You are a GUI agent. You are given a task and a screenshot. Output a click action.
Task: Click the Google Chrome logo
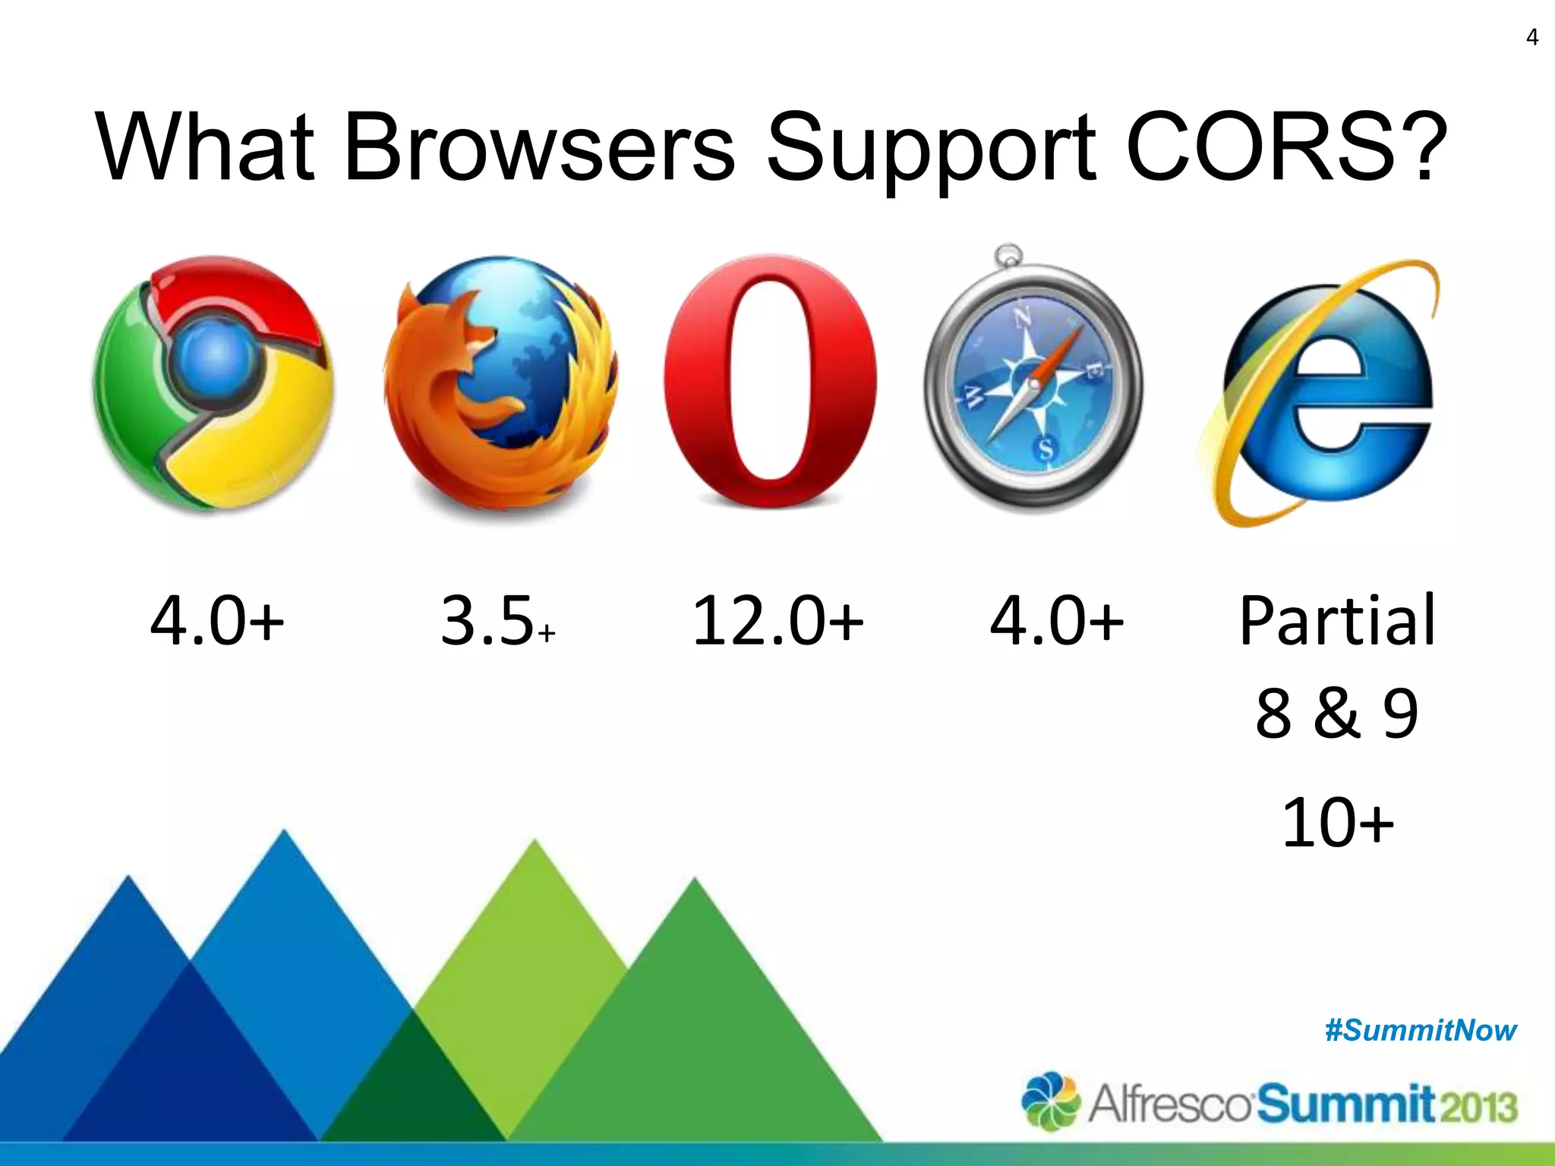213,383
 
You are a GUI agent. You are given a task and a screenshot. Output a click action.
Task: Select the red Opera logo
770,380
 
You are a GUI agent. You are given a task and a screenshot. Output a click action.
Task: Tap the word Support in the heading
931,149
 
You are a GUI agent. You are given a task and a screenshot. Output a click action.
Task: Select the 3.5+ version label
498,621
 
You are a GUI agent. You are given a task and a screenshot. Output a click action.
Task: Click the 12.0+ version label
777,621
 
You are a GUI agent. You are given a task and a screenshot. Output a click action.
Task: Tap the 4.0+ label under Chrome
217,621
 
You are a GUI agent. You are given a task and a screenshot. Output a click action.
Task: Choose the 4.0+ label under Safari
1056,621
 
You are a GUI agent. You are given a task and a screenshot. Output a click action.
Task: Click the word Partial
1337,621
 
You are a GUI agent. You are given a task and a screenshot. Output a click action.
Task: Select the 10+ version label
1337,821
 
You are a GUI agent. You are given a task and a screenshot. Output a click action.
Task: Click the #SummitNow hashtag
1420,1031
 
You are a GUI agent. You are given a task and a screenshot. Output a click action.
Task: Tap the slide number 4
1531,37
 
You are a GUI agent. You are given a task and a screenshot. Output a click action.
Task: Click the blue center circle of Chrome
215,354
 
